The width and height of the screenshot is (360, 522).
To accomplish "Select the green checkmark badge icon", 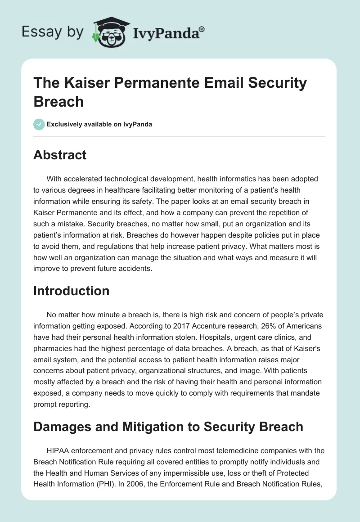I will (x=39, y=124).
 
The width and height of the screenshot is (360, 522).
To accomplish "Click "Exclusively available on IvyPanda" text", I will (x=99, y=124).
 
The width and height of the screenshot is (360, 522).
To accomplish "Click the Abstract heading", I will (x=60, y=155).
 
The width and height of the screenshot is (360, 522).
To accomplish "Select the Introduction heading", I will (x=71, y=291).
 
